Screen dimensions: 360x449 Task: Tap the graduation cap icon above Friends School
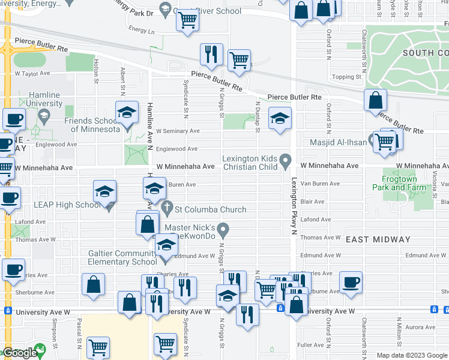point(127,112)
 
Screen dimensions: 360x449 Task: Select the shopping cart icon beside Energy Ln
point(188,20)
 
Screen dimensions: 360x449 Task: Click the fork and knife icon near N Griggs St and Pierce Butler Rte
point(211,55)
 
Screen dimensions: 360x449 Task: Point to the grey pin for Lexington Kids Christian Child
point(286,161)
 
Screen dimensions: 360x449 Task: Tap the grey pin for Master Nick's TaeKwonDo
point(223,229)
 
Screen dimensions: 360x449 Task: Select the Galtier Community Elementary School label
point(122,257)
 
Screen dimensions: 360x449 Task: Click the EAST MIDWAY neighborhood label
point(378,239)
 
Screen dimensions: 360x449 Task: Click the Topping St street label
point(347,77)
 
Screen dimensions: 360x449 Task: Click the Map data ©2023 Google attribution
point(411,355)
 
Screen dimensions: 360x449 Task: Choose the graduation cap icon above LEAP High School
point(104,191)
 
